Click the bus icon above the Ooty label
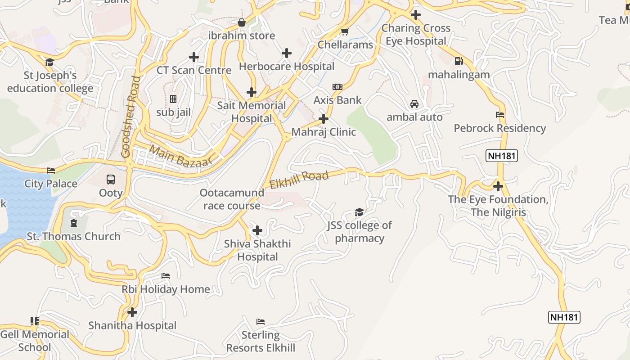111,180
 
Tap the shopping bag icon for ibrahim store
242,22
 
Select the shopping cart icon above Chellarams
345,31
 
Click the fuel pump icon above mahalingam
459,61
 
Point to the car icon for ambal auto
414,104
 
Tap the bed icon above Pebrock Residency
499,115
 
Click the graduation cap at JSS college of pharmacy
359,212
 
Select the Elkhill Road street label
299,180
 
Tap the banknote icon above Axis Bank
337,87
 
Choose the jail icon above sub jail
173,99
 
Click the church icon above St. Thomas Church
74,223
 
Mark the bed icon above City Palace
51,171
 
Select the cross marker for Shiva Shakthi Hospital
257,231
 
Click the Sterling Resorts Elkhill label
261,342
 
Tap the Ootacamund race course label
232,199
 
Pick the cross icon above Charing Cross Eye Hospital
416,15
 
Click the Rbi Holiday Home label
166,289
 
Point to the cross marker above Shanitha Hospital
132,312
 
